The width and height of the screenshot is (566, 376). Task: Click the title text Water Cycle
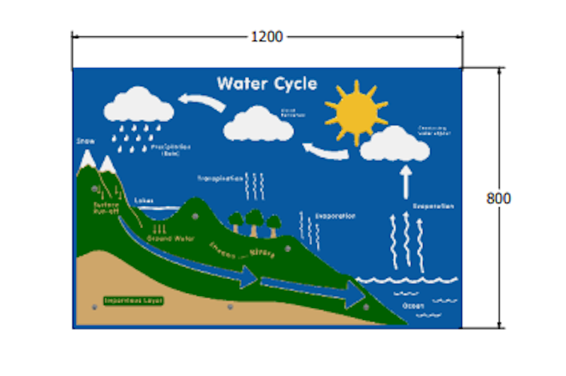[267, 84]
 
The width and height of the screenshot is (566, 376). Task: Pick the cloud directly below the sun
[395, 146]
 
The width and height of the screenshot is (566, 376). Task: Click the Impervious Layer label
[134, 301]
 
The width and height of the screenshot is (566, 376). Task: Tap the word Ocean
[412, 305]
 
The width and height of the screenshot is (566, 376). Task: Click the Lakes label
[144, 200]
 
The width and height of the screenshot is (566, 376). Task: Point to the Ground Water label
[171, 239]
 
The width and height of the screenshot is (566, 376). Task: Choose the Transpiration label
[220, 178]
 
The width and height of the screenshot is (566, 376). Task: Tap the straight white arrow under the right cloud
[406, 181]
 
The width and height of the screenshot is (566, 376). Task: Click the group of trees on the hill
[253, 223]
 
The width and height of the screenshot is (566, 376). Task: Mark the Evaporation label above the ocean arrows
[433, 206]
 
